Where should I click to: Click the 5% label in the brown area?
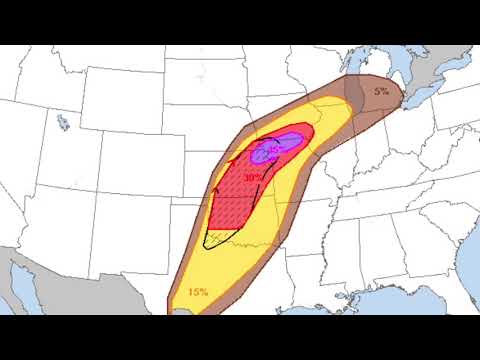[382, 92]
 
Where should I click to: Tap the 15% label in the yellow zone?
[198, 292]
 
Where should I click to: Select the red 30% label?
[252, 177]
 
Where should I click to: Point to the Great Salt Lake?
[63, 124]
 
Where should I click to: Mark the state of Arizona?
[60, 215]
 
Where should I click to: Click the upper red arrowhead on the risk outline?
[231, 156]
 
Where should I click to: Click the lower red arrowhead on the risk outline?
[215, 186]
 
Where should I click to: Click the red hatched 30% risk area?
[235, 205]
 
